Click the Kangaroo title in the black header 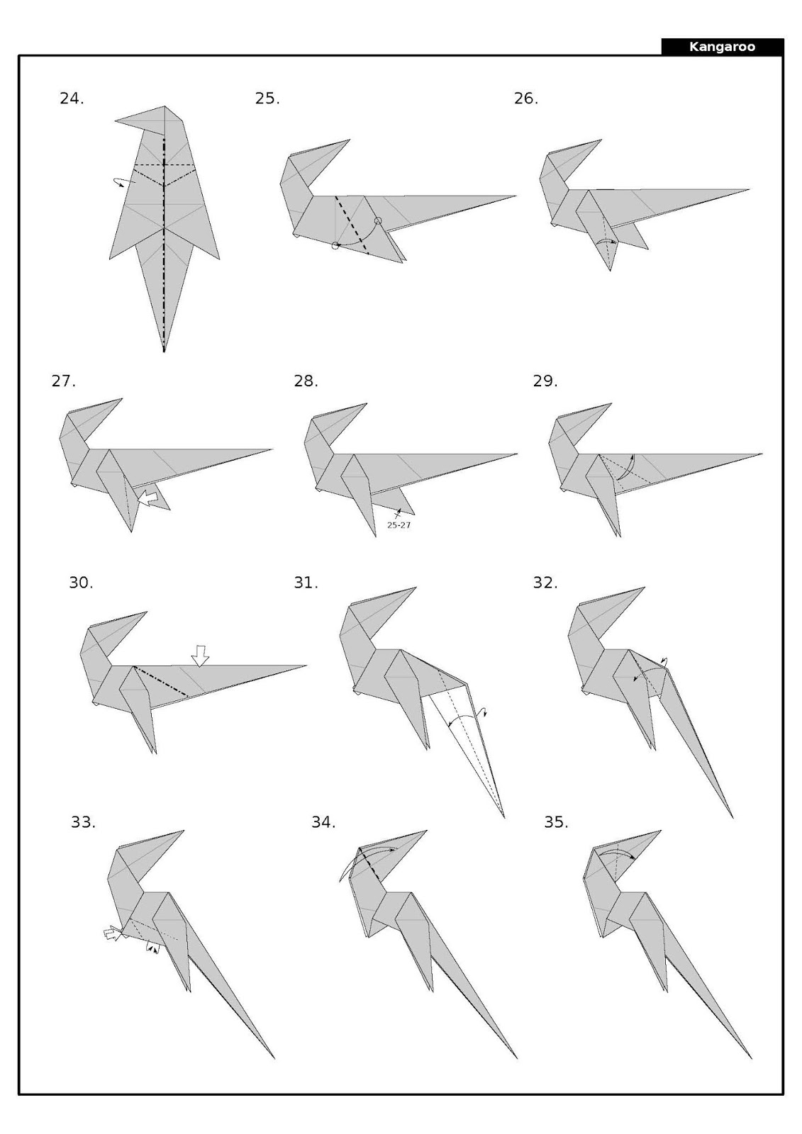(722, 47)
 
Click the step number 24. (71, 99)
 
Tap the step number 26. (525, 99)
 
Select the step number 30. (80, 583)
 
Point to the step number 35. (556, 822)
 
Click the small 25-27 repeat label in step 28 (399, 525)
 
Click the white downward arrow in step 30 (201, 656)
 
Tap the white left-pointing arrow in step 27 (147, 498)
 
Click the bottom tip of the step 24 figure (164, 351)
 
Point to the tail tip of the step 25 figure (515, 196)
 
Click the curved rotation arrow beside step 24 (123, 181)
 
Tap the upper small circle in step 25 (378, 221)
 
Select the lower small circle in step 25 (335, 246)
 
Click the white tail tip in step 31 (503, 816)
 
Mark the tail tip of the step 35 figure (751, 1058)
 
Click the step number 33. (82, 822)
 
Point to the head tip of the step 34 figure (427, 831)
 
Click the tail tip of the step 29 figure (762, 454)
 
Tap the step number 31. (306, 583)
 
